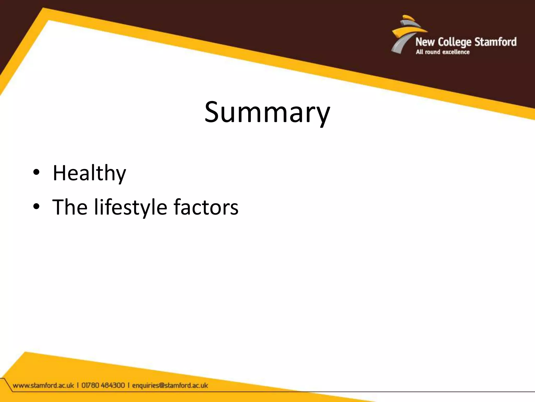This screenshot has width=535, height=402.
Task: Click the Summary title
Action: point(267,113)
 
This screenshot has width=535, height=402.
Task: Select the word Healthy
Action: point(89,173)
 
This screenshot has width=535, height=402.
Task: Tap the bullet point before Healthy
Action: point(36,172)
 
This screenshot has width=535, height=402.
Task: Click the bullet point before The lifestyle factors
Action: point(36,206)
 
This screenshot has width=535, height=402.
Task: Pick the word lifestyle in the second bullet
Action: point(131,207)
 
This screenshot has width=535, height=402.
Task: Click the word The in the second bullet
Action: point(70,207)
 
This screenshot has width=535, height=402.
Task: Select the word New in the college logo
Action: point(425,42)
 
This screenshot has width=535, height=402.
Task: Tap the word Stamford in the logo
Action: point(495,42)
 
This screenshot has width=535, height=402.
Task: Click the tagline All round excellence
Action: point(443,52)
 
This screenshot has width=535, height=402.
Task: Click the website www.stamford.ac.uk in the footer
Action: point(43,386)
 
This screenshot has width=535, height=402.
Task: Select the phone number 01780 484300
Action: point(103,386)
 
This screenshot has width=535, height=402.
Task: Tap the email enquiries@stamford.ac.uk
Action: point(170,386)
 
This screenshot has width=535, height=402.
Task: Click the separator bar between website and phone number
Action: point(78,386)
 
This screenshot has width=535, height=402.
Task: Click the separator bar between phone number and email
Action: point(129,386)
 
